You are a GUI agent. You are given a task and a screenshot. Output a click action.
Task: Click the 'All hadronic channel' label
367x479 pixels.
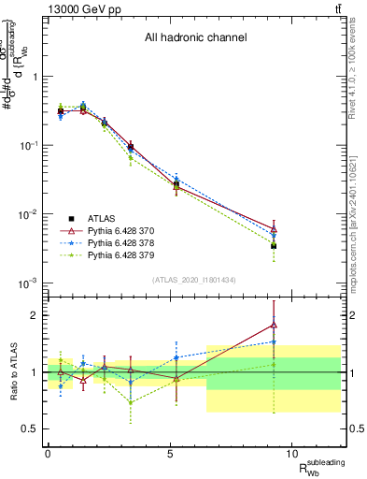194,38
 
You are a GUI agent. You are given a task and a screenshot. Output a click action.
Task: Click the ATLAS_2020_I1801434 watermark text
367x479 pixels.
194,280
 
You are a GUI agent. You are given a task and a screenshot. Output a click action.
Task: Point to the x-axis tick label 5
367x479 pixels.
169,454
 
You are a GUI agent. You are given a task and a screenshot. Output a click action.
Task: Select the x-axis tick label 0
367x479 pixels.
48,454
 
